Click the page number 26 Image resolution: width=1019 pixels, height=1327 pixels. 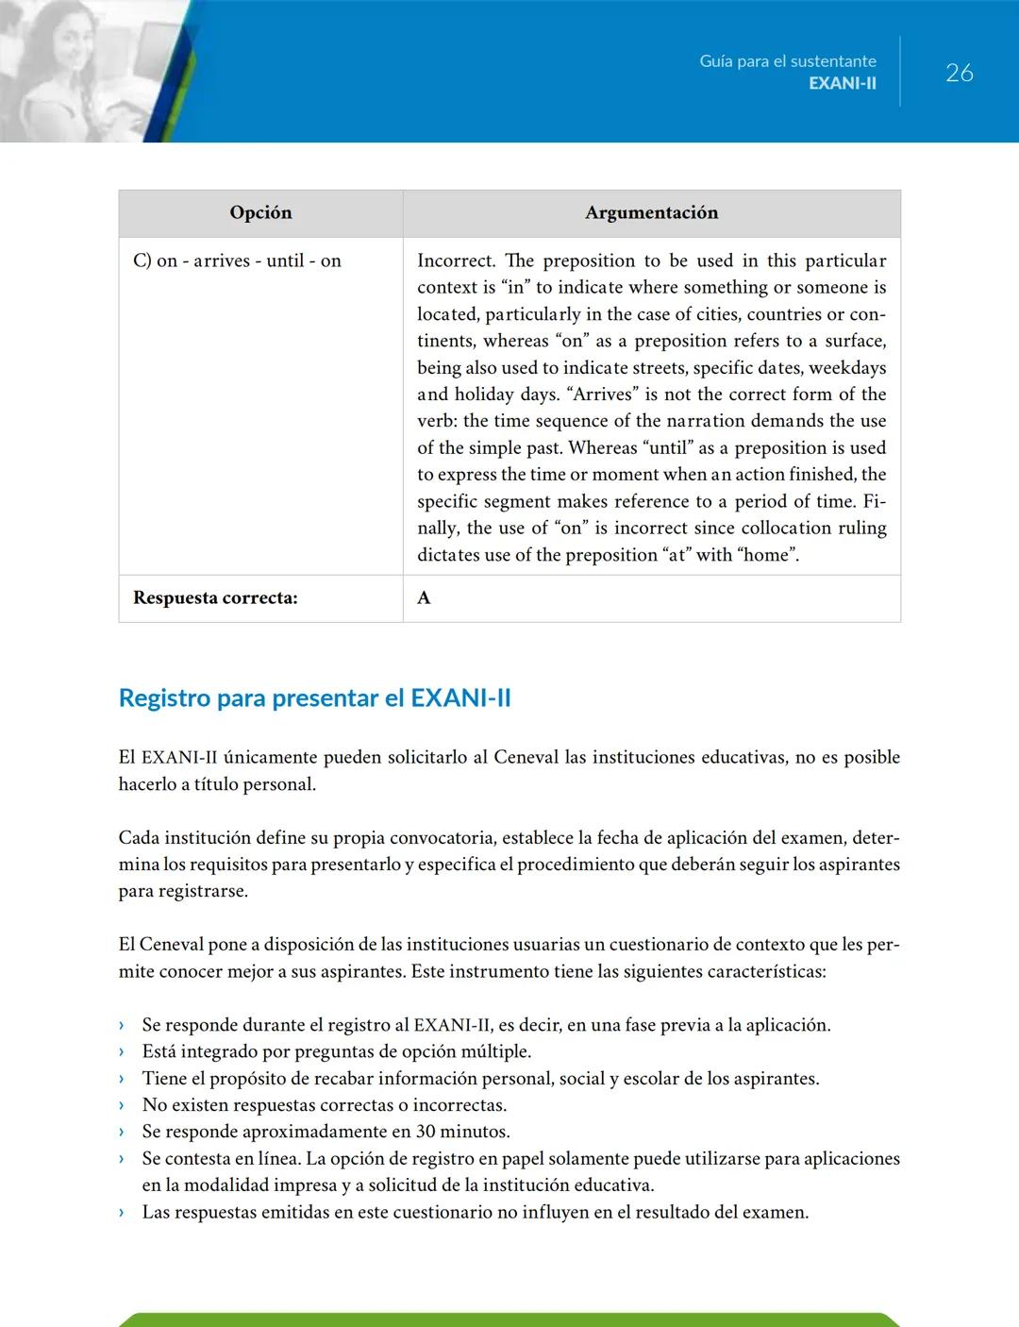click(x=959, y=73)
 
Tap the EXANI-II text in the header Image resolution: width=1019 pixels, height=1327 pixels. click(x=842, y=83)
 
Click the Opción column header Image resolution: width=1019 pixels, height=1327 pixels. click(x=260, y=212)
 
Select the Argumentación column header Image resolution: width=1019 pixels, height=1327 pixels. click(x=651, y=212)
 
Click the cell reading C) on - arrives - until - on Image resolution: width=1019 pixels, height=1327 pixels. click(x=237, y=260)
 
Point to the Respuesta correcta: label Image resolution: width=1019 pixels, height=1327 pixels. click(x=215, y=597)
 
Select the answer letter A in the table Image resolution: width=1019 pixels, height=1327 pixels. click(x=424, y=597)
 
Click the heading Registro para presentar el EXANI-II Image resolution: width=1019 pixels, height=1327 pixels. click(x=314, y=697)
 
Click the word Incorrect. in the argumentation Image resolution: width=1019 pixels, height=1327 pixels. click(x=456, y=260)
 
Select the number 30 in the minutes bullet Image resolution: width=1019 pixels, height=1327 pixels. click(x=426, y=1132)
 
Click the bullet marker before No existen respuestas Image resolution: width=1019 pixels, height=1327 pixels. click(x=122, y=1105)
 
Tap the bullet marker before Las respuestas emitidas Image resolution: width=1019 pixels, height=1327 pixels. click(x=122, y=1212)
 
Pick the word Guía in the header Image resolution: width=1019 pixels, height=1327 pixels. click(x=716, y=61)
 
